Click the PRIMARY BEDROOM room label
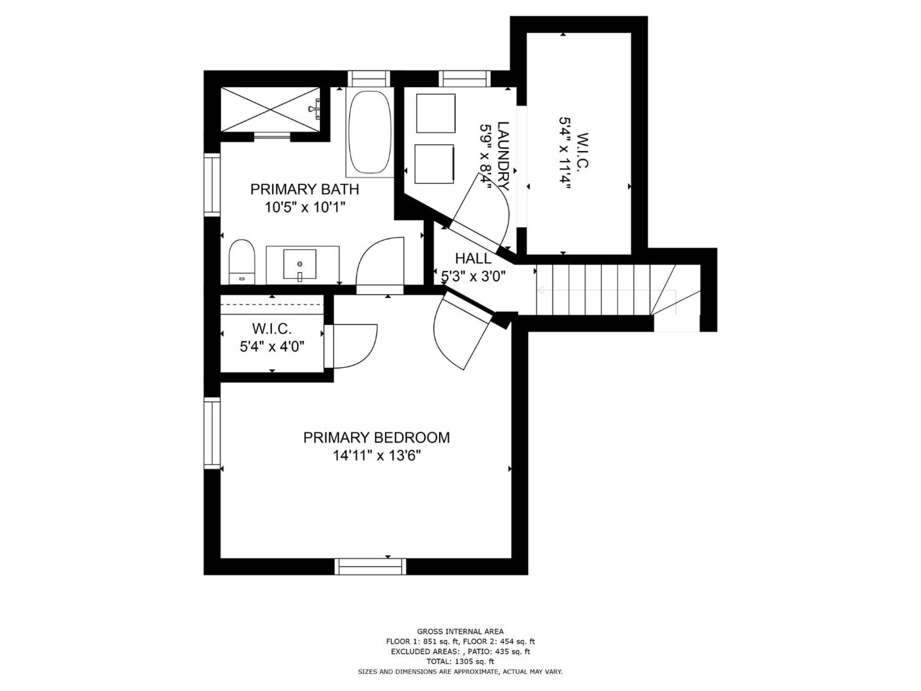pos(376,438)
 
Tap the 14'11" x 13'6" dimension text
pos(376,456)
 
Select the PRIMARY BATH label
pos(304,189)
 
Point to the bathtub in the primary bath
pos(370,132)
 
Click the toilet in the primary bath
pos(242,262)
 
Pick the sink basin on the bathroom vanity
pos(300,265)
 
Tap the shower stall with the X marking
pos(270,109)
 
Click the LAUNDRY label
pos(503,156)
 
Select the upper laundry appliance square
pos(436,113)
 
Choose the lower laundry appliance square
pos(434,164)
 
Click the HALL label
pos(473,259)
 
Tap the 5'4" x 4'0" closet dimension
pos(272,347)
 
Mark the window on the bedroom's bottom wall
pos(370,566)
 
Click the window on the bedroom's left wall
pos(212,433)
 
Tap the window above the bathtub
pos(369,79)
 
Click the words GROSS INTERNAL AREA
pos(460,632)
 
